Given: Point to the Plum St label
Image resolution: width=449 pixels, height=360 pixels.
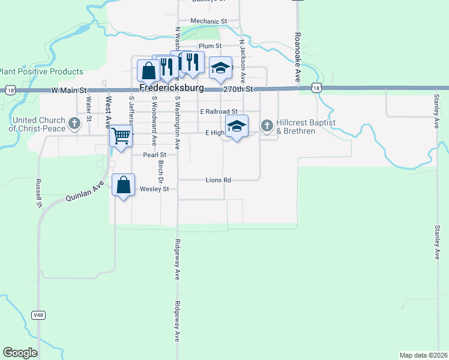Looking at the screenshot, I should click(x=210, y=46).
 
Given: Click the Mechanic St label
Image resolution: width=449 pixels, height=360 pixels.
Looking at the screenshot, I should click(x=208, y=21).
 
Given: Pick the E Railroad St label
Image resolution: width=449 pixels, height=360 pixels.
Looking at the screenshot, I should click(x=218, y=112).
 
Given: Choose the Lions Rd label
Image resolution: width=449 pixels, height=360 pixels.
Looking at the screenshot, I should click(x=218, y=179).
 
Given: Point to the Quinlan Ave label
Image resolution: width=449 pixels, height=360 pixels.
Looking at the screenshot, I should click(x=85, y=191).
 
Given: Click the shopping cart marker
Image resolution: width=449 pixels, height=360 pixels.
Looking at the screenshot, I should click(x=121, y=137).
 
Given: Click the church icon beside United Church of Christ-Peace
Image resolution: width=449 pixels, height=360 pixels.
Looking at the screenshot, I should click(x=74, y=124).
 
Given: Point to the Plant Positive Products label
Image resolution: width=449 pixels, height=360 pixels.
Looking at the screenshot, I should click(x=41, y=71).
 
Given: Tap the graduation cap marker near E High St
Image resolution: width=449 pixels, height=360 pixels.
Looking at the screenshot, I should click(x=237, y=126).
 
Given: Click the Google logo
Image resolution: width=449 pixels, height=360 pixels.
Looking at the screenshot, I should click(x=20, y=352).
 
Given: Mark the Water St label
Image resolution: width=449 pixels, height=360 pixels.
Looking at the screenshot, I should click(x=88, y=109).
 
